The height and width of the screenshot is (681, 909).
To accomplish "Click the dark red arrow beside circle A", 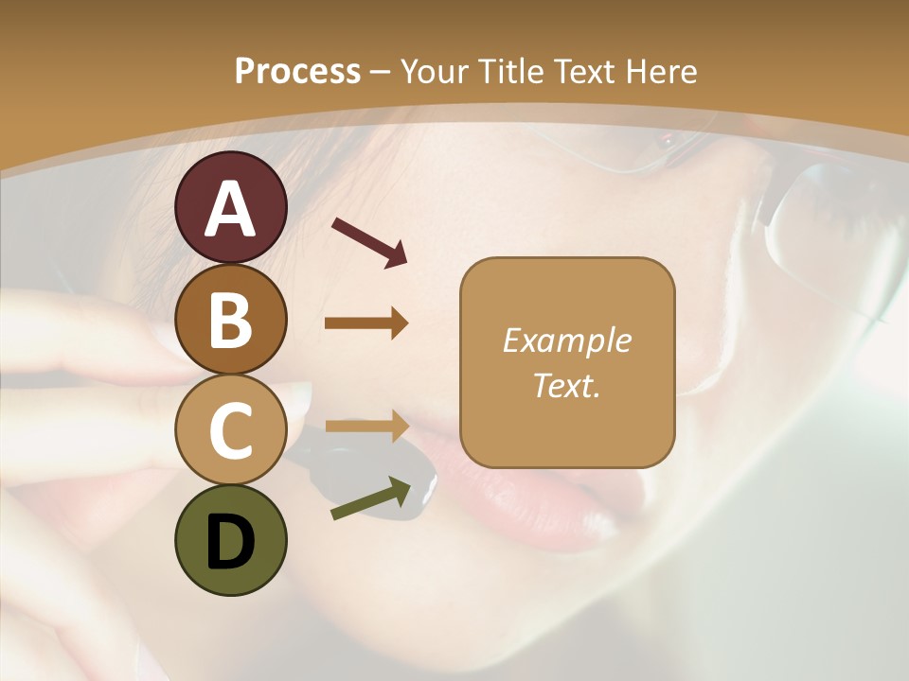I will tap(369, 241).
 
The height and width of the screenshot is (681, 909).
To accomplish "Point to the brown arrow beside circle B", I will tap(366, 323).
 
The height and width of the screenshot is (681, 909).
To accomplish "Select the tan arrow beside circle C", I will tap(366, 427).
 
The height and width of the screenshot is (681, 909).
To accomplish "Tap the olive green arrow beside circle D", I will tap(371, 498).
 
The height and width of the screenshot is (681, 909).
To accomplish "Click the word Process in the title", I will tap(297, 72).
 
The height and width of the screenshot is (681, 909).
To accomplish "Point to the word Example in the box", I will tap(566, 340).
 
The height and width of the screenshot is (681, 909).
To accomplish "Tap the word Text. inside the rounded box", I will tap(566, 386).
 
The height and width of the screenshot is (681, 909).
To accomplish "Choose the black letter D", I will tap(231, 543).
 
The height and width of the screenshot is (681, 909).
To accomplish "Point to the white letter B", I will tap(231, 320).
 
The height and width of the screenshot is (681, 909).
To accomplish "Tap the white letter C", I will tap(231, 431).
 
